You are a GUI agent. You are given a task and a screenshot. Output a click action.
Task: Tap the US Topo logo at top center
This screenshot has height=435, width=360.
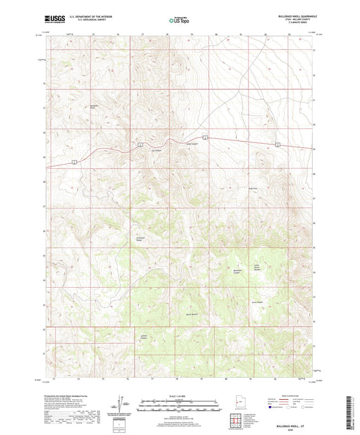point(177,21)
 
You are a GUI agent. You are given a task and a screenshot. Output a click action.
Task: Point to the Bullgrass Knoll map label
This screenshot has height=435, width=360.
point(95,106)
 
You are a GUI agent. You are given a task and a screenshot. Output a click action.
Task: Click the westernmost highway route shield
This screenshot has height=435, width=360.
point(74,161)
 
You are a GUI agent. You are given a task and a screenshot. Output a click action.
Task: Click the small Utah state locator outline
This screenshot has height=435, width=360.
point(238,404)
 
